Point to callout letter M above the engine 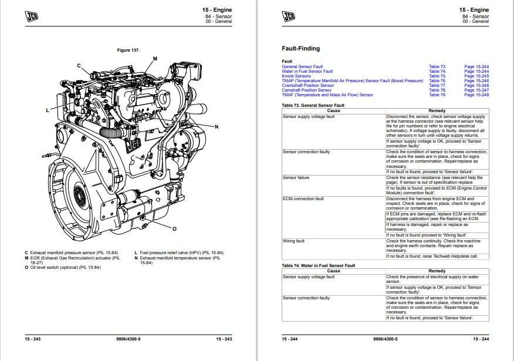tap(155, 59)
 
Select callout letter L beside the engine tap(48, 110)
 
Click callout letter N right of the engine tap(217, 127)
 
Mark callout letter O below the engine tap(174, 228)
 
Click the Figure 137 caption tap(128, 50)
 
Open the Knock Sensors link tap(296, 76)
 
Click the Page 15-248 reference tap(476, 95)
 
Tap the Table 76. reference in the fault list tap(437, 81)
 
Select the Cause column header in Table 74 tap(333, 271)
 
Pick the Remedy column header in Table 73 tap(437, 110)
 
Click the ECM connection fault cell tap(303, 199)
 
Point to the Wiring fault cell tap(293, 241)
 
